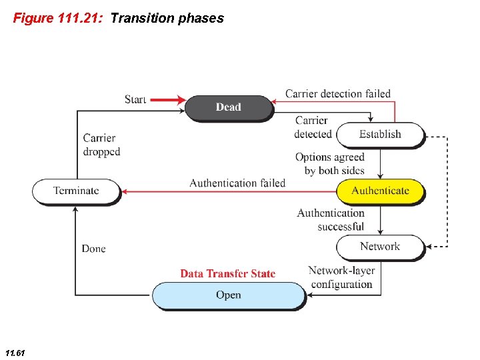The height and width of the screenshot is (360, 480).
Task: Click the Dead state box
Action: [x=229, y=107]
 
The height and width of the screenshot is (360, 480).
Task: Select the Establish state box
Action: [x=380, y=134]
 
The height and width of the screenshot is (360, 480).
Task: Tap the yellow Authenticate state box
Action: [x=380, y=191]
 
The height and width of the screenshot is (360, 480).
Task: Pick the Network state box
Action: [x=380, y=247]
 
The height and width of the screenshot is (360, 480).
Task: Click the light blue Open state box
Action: [x=229, y=295]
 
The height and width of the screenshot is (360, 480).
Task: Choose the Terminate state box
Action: [x=76, y=191]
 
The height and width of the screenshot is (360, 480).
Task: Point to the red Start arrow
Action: [x=167, y=100]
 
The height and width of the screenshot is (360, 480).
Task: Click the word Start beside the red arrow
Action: [x=135, y=99]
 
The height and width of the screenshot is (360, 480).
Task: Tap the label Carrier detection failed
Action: [x=338, y=93]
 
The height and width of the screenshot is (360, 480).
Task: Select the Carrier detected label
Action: [x=312, y=127]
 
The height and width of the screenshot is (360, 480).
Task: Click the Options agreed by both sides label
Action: [x=330, y=164]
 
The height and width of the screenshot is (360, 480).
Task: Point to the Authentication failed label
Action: [x=237, y=183]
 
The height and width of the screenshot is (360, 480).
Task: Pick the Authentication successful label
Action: [x=331, y=220]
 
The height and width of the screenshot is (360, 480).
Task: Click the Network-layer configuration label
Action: [x=341, y=277]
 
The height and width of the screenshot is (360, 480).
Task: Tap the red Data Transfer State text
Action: [x=228, y=273]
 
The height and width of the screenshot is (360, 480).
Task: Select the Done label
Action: [x=94, y=249]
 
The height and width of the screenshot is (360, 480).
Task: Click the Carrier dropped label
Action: [x=101, y=145]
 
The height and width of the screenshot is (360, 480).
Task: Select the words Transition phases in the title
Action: [x=167, y=18]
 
